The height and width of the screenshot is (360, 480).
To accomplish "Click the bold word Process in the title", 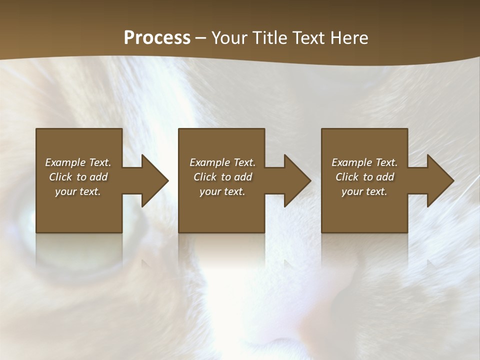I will pos(157,38).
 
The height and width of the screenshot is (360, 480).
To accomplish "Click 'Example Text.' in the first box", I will pos(78,162).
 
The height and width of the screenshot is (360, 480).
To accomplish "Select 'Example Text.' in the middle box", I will pos(222,162).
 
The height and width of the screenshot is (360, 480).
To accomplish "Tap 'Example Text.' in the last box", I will pos(364,162).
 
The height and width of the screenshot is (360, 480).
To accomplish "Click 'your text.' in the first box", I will pos(78,191).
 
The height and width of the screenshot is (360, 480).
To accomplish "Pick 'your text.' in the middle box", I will pos(222,191).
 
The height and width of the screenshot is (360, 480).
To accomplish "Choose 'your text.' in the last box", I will pos(364,191).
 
